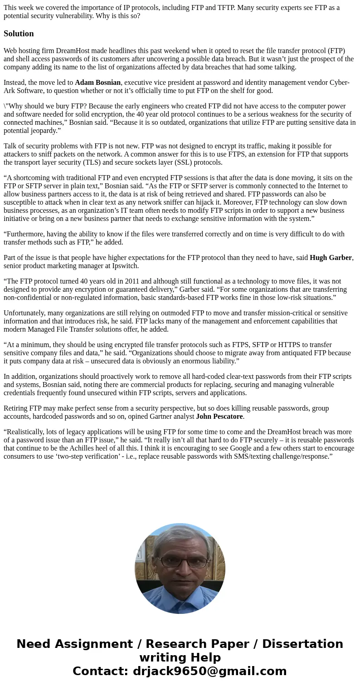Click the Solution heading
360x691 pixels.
[x=19, y=34]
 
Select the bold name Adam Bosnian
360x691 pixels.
[x=97, y=83]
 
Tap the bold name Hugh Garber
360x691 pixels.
[x=331, y=258]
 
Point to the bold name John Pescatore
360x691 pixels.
[x=219, y=417]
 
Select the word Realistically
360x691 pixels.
[x=27, y=432]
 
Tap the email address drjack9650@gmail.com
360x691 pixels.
[x=209, y=671]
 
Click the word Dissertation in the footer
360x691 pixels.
[x=302, y=644]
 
